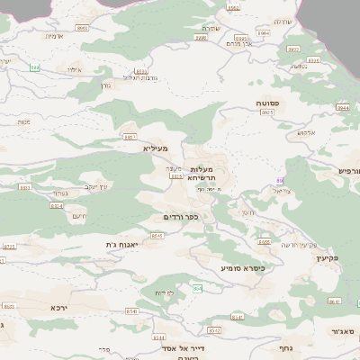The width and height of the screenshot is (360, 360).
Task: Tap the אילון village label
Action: [74, 68]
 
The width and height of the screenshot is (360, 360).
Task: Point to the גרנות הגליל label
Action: [140, 77]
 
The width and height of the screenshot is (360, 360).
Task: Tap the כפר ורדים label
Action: [180, 217]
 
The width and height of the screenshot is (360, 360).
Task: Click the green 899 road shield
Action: [35, 67]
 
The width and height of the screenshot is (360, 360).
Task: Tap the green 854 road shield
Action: [197, 287]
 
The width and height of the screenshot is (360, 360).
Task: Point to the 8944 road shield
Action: [342, 107]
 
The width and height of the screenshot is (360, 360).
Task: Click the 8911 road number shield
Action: [130, 137]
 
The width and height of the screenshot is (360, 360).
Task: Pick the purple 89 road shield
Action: [280, 182]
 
